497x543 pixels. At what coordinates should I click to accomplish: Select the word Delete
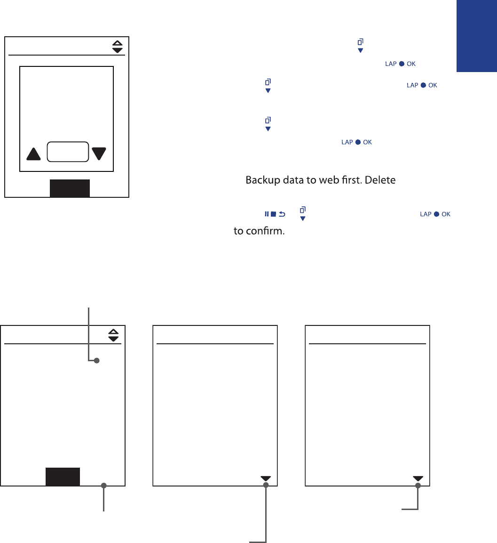coord(387,180)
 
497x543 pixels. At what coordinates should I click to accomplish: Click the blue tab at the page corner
coord(476,36)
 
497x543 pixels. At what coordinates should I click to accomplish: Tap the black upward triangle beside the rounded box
coord(34,154)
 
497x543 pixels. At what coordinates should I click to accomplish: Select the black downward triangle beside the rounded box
coord(99,154)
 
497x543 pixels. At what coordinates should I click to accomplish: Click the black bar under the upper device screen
coord(70,188)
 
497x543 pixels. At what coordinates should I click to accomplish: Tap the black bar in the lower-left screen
coord(63,477)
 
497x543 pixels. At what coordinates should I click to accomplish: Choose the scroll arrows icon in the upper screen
coord(118,46)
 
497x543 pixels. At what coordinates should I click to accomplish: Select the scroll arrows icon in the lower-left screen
coord(114,335)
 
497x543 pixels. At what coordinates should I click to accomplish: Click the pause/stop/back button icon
coord(275,214)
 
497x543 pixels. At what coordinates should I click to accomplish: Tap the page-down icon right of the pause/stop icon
coord(303,214)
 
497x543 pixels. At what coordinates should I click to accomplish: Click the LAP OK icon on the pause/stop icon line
coord(435,214)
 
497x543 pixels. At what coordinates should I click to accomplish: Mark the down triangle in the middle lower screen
coord(266,478)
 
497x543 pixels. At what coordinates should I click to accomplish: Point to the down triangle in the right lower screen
coord(418,478)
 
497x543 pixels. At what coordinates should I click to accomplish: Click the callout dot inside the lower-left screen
coord(96,361)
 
